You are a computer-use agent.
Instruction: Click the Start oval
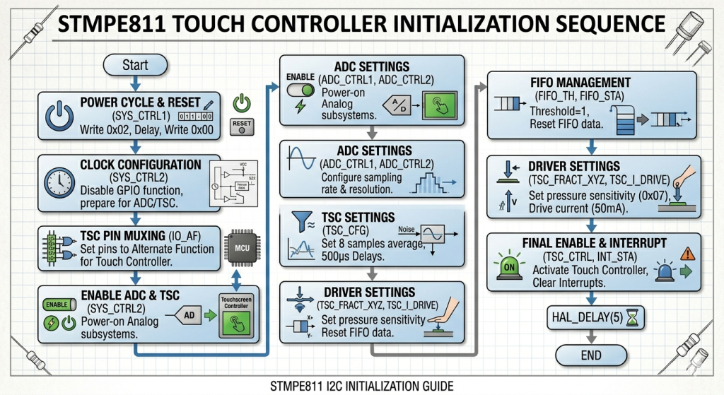(135, 65)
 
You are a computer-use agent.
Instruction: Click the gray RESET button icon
(242, 125)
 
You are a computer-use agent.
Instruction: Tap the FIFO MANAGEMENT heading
(580, 83)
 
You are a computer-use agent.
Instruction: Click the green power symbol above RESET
(242, 103)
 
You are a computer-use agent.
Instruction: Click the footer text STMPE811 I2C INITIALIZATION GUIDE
(361, 386)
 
